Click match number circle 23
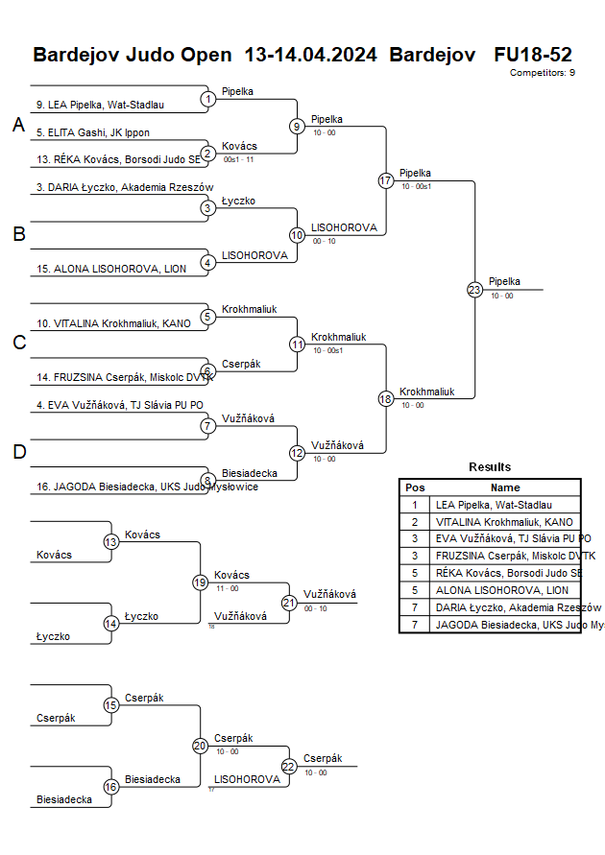(x=474, y=290)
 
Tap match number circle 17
(x=386, y=180)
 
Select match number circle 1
(x=208, y=99)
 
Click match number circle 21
(x=289, y=603)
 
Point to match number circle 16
(x=111, y=787)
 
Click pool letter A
(x=18, y=126)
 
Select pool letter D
(x=18, y=452)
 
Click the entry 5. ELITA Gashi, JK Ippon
(x=93, y=132)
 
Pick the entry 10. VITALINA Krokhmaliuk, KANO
(x=113, y=323)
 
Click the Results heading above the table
(x=490, y=467)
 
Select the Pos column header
(x=415, y=487)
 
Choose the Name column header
(x=505, y=487)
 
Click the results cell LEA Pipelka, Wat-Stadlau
(x=494, y=504)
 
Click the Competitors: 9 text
(x=543, y=72)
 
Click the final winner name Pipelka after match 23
(x=504, y=281)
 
